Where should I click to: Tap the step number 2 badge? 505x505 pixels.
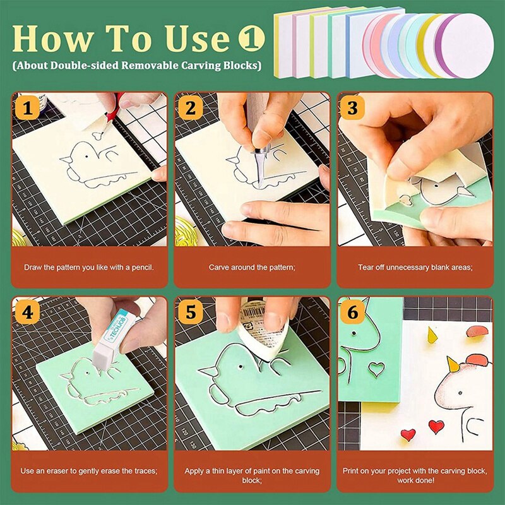(189, 108)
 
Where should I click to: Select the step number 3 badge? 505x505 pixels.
(352, 108)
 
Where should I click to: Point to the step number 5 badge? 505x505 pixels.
(189, 312)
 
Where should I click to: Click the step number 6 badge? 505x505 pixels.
(352, 312)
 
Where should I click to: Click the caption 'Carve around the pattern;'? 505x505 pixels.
(252, 268)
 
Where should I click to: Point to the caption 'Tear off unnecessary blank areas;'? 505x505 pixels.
(415, 268)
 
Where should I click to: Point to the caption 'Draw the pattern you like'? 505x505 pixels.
(89, 268)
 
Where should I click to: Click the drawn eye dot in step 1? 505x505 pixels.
(85, 155)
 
